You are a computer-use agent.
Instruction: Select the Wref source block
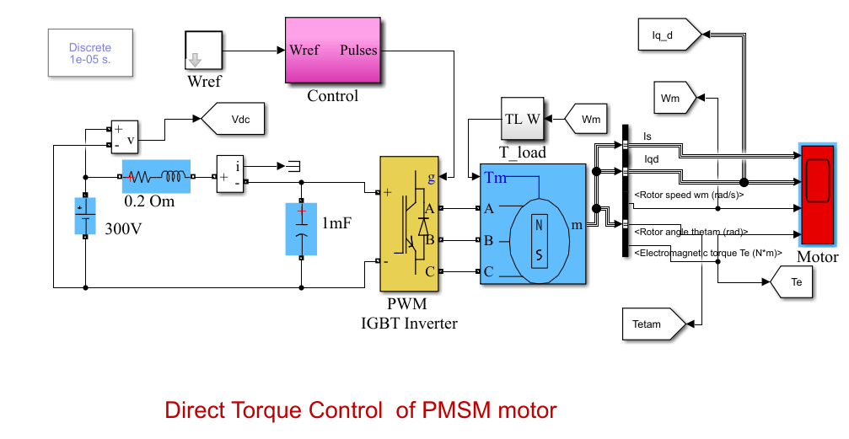point(203,51)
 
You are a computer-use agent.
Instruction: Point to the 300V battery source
point(85,217)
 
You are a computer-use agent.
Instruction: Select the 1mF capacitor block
point(302,228)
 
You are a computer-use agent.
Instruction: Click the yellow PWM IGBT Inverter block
point(409,223)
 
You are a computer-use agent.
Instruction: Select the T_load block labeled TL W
point(522,120)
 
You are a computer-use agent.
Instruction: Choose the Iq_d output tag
point(664,35)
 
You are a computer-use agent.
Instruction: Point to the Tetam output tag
point(649,323)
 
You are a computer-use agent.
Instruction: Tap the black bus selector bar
point(626,190)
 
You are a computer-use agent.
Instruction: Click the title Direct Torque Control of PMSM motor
point(361,410)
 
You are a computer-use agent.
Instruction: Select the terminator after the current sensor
point(294,165)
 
